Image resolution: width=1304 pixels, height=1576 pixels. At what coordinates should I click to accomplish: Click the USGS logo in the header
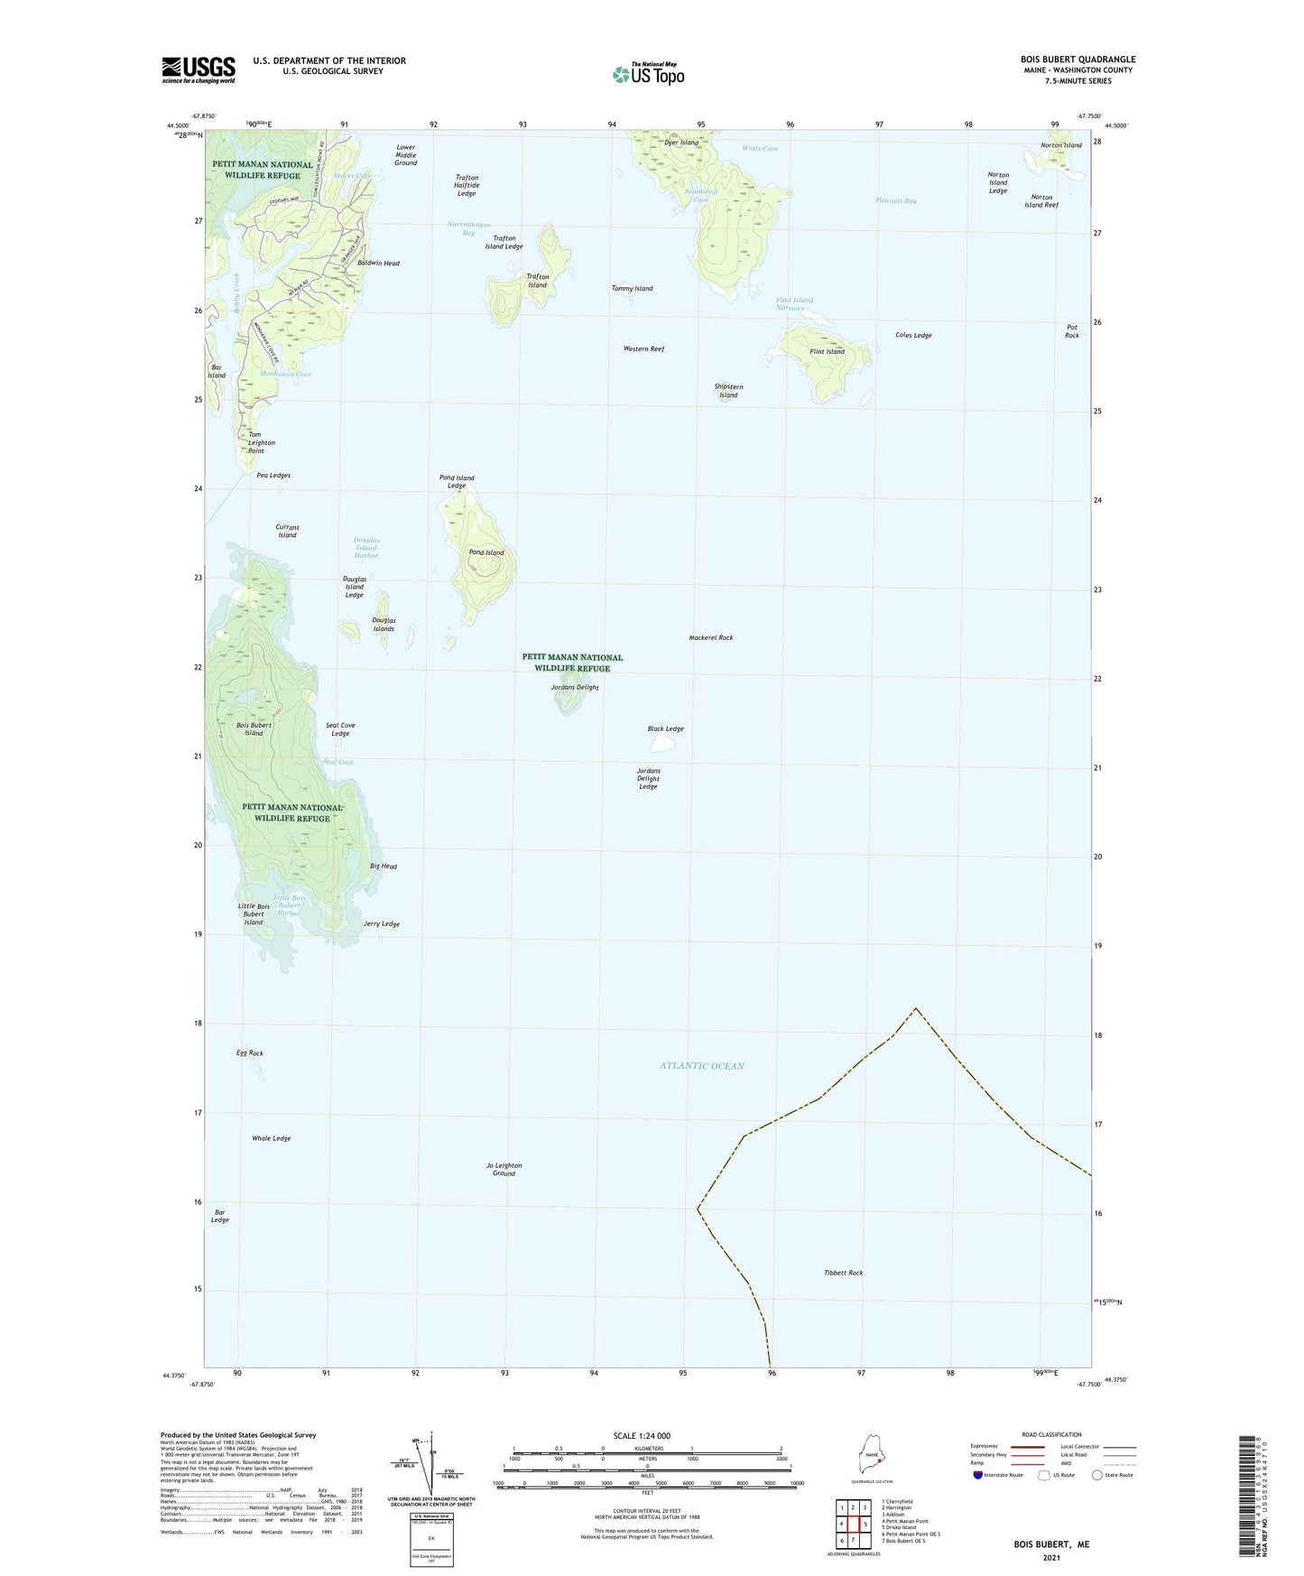click(x=199, y=70)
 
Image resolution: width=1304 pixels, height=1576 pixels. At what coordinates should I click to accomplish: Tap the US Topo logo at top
click(x=648, y=73)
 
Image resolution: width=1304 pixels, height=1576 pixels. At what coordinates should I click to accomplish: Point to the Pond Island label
click(x=486, y=552)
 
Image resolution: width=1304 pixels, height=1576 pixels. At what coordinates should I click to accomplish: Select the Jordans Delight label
click(x=575, y=688)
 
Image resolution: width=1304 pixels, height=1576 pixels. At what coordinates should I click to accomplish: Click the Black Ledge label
click(x=665, y=728)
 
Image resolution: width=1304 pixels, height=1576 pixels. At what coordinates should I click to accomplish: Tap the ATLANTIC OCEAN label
click(x=702, y=1066)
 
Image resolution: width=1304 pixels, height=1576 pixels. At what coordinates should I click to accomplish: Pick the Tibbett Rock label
click(x=843, y=1273)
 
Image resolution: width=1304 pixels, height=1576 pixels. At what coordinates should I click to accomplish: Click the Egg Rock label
click(x=250, y=1053)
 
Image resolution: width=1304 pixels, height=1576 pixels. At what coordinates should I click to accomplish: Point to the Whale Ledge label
click(x=271, y=1138)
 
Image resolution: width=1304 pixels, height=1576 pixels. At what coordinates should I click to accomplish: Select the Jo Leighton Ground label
click(x=504, y=1169)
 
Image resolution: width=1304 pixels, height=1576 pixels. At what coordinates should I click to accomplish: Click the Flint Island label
click(x=827, y=352)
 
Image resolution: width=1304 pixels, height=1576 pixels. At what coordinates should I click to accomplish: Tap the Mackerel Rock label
click(x=711, y=637)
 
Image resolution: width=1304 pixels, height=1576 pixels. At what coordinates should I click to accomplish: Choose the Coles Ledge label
click(x=913, y=335)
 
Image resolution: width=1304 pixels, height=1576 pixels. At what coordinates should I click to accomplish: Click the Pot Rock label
click(x=1072, y=331)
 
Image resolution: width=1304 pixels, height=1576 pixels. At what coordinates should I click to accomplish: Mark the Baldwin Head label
click(x=378, y=264)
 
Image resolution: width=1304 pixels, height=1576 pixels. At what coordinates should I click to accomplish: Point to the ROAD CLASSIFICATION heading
click(x=1052, y=1434)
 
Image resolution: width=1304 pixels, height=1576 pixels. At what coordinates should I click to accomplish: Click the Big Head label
click(x=384, y=867)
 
